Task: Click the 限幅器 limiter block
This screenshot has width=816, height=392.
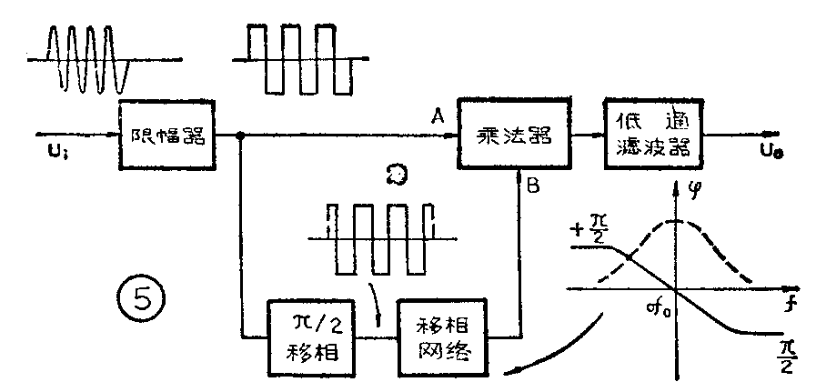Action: pyautogui.click(x=164, y=136)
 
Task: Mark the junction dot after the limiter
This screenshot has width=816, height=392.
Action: pyautogui.click(x=240, y=137)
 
